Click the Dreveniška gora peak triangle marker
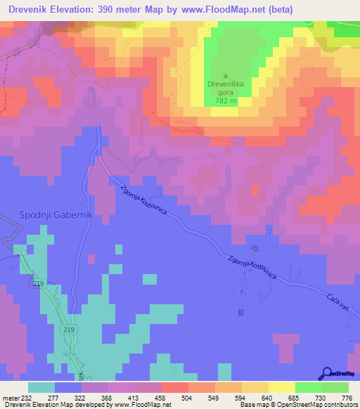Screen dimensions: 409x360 pyautogui.click(x=226, y=76)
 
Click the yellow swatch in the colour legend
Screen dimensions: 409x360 pyautogui.click(x=281, y=387)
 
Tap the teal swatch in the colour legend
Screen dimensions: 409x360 pyautogui.click(x=41, y=387)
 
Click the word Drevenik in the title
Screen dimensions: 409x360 pyautogui.click(x=33, y=9)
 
